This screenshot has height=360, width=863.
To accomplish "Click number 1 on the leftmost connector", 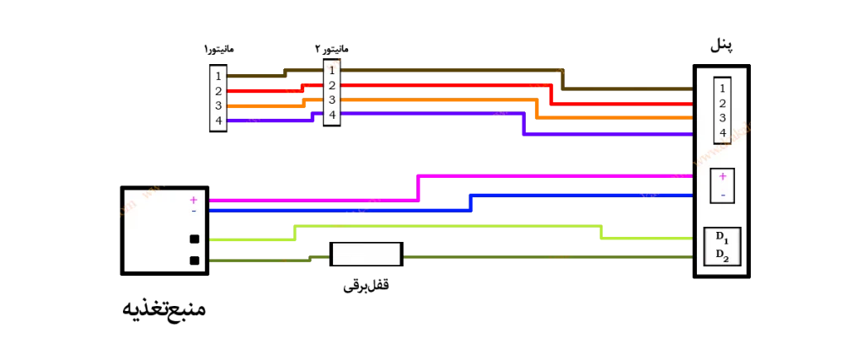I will click(218, 76).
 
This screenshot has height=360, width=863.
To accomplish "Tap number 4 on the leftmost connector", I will click(218, 121).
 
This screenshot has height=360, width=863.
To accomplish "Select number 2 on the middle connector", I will click(332, 85).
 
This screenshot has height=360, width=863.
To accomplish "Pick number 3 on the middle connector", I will click(332, 99).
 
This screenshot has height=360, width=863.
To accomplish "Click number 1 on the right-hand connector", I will click(722, 89).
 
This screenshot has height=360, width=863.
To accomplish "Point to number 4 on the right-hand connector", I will click(722, 132).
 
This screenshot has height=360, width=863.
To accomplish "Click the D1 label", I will click(721, 237).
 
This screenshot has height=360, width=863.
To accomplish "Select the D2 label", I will click(721, 254).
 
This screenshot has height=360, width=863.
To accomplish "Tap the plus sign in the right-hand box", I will click(722, 176).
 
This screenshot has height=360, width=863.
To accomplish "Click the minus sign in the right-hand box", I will click(722, 194).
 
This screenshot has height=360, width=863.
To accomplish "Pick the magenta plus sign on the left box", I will click(193, 200).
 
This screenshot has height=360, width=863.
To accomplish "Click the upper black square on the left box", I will click(194, 239).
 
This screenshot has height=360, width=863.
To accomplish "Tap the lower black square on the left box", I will click(194, 261).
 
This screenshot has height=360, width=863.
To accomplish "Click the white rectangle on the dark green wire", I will click(366, 254).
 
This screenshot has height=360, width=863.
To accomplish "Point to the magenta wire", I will click(548, 176).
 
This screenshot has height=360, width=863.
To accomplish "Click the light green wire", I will click(447, 226).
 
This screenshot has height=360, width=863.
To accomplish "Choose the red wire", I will click(438, 85).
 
